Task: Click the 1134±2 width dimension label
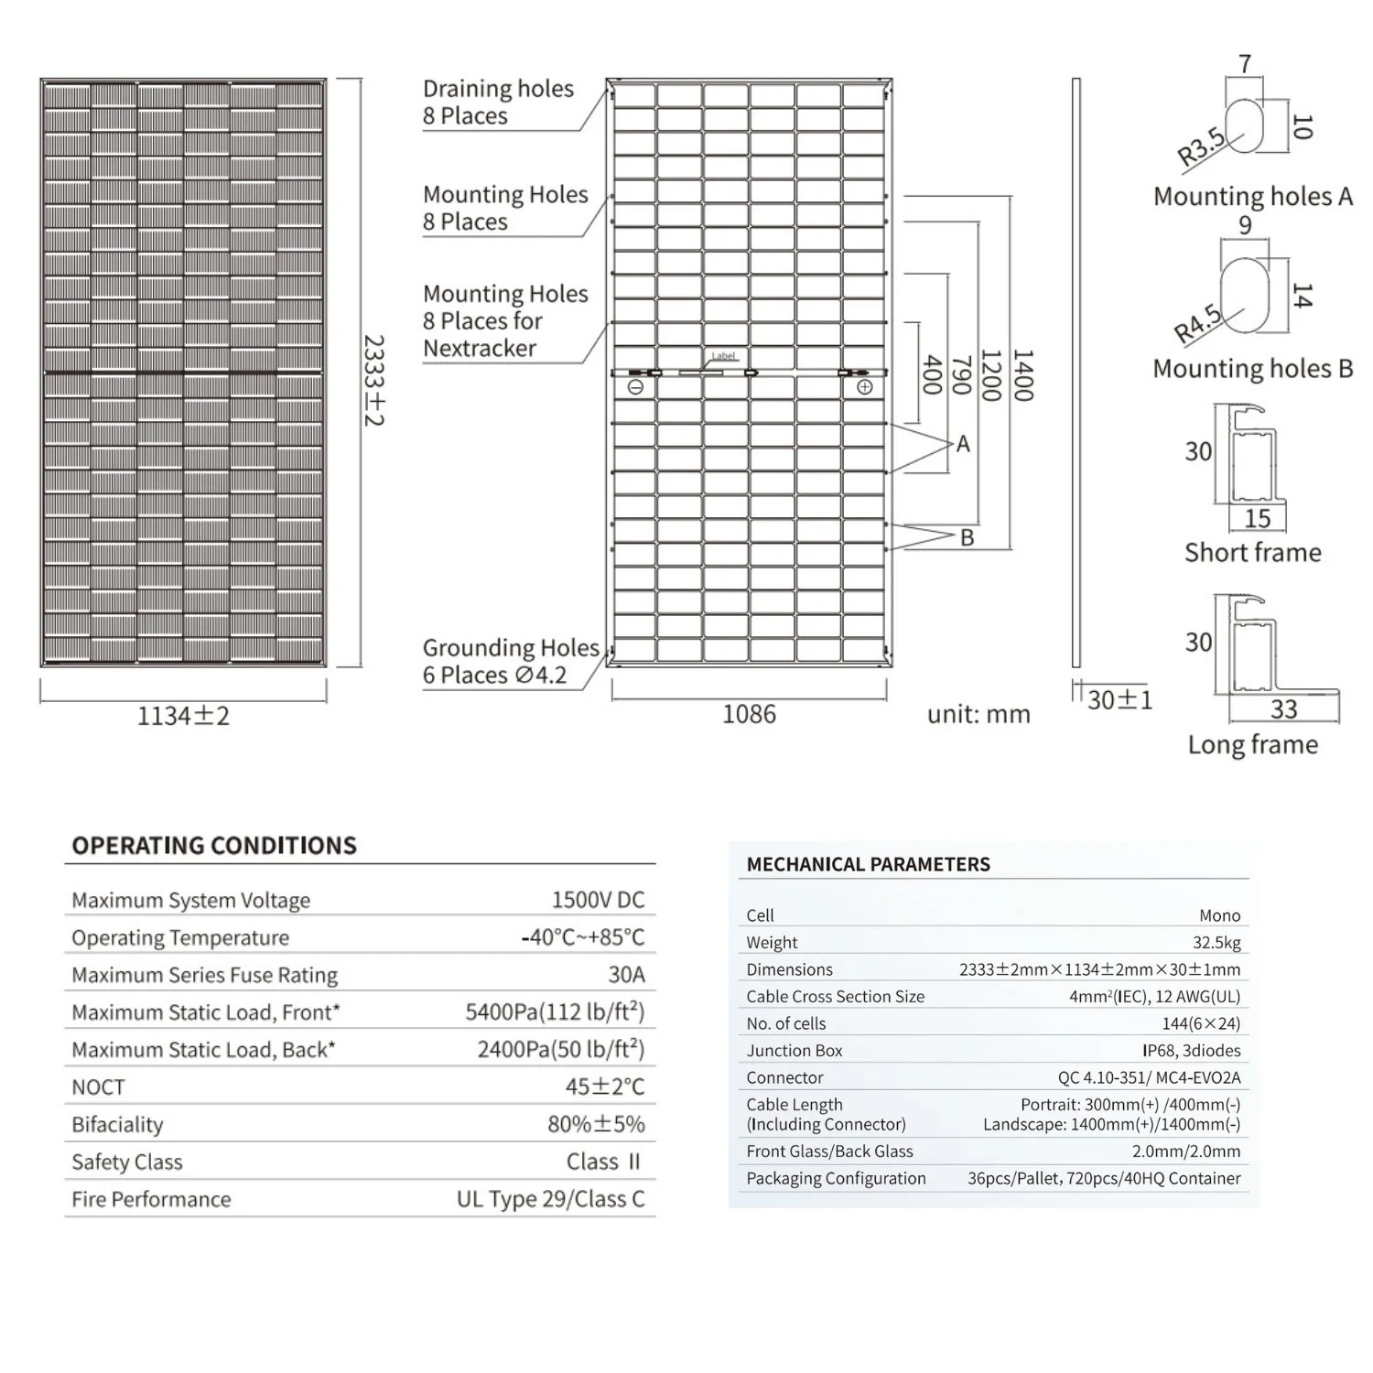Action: pos(183,716)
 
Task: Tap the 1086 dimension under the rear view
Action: pos(749,714)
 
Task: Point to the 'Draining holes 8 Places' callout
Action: pos(498,103)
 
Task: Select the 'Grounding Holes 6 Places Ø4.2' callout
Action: pos(510,662)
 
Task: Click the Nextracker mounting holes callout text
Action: pos(505,321)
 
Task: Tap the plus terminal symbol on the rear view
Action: pos(864,387)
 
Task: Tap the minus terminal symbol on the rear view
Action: pos(636,387)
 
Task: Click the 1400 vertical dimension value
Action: pos(1023,375)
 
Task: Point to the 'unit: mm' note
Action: pos(978,715)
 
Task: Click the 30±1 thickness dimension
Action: pos(1119,700)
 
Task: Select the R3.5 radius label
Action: pos(1201,146)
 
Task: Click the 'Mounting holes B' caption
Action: pos(1252,369)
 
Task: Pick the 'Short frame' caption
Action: pos(1252,553)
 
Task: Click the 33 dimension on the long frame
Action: pos(1283,709)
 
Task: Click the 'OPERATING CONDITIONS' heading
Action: pos(214,846)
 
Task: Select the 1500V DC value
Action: pos(598,900)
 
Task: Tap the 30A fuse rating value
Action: pos(626,975)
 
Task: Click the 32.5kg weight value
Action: pos(1217,943)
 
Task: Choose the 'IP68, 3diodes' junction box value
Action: pos(1191,1051)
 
